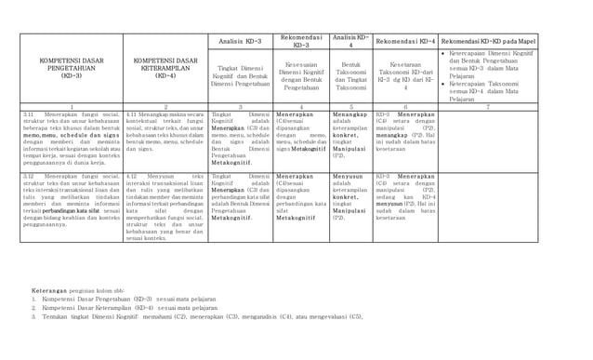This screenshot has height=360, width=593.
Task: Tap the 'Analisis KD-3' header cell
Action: (240, 42)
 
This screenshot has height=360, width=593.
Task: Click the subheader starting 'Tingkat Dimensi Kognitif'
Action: (240, 75)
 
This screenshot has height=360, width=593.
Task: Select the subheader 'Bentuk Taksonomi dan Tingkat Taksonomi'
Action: (349, 77)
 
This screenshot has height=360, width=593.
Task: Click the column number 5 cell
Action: (349, 107)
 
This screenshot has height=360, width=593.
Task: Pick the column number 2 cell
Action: (165, 107)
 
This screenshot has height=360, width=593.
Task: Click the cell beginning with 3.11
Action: (71, 139)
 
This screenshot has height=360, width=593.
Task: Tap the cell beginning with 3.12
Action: (71, 199)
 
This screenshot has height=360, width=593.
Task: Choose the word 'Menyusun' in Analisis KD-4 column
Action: (348, 175)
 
